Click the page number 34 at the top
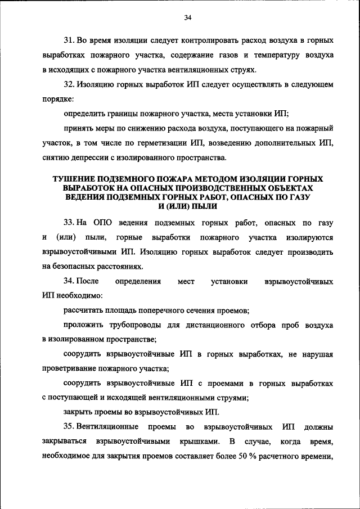click(x=188, y=18)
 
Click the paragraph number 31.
click(x=68, y=42)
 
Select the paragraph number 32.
click(x=68, y=84)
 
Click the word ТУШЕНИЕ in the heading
click(x=79, y=178)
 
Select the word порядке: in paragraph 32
click(x=57, y=98)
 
